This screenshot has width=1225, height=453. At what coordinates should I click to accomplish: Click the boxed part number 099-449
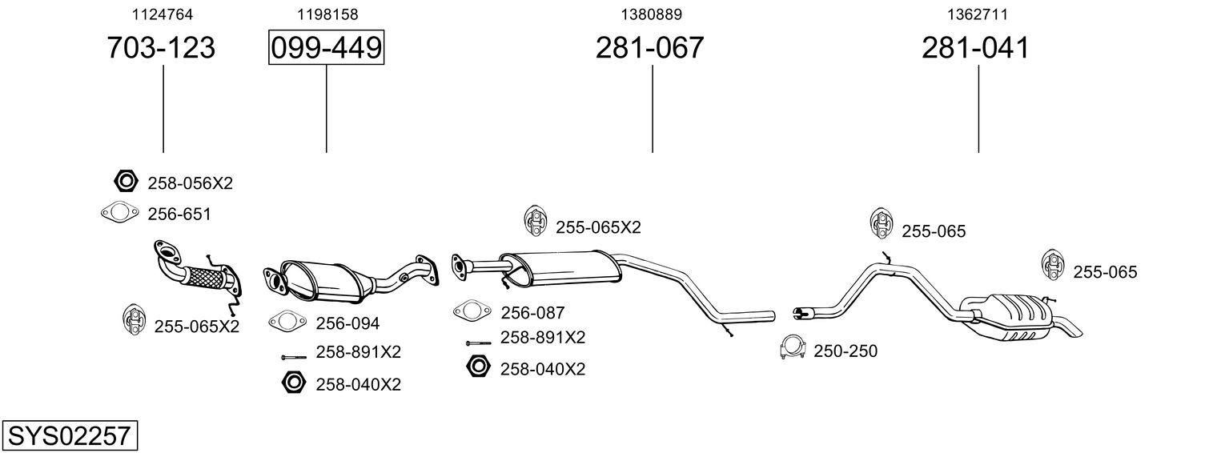tap(326, 47)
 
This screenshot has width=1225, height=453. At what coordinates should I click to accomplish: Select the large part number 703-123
tap(161, 47)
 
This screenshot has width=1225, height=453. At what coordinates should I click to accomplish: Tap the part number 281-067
tap(649, 47)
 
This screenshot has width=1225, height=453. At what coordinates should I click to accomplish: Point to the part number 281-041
tap(976, 47)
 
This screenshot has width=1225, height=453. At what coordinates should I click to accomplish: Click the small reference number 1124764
tap(163, 14)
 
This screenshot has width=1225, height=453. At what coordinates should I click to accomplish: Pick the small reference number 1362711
tap(978, 14)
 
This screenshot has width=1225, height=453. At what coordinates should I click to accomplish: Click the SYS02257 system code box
tap(70, 435)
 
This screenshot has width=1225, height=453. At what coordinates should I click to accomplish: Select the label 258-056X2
tap(191, 183)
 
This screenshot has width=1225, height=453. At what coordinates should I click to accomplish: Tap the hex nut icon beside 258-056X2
tap(125, 181)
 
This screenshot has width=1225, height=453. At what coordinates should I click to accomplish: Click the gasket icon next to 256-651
tap(119, 213)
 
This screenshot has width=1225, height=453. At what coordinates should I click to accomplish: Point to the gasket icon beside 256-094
tap(287, 321)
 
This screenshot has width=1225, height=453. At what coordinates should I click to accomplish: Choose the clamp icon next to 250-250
tap(793, 347)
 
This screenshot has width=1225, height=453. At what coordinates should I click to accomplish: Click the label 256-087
tap(532, 313)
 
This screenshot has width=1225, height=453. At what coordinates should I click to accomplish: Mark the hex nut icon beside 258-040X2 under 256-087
tap(478, 366)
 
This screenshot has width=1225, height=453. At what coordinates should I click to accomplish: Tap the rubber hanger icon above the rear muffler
tap(1053, 265)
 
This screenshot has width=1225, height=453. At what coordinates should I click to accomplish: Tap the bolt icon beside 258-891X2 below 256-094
tap(294, 357)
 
